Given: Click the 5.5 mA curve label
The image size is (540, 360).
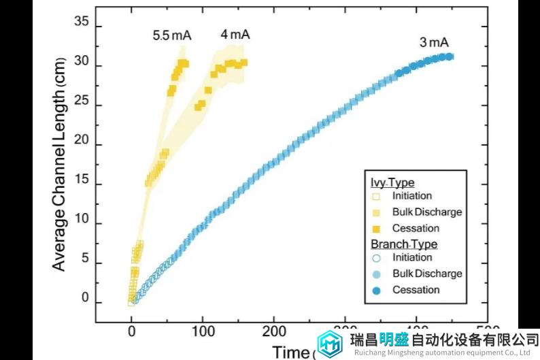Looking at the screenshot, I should pos(171,35).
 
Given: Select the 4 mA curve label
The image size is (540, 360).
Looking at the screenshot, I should pos(235,34).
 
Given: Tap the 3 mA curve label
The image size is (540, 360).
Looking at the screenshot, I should pos(434,42).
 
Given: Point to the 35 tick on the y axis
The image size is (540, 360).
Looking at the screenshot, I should pos(82,22).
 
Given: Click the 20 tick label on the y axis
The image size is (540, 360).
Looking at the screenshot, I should pos(82,145).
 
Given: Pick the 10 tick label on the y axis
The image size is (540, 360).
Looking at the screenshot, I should pos(82,223).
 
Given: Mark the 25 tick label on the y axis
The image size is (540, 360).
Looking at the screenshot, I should pos(82,105).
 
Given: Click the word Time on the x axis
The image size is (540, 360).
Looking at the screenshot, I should pos(290,352).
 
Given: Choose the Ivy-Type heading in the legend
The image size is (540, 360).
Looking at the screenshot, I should pos(392,182).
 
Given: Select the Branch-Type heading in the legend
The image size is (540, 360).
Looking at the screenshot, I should pos(404,244).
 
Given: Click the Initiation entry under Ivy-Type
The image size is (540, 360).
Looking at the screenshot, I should pos(411,197).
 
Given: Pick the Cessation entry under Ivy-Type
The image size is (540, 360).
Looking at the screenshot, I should pos(416,228).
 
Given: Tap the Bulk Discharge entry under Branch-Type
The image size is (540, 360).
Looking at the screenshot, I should pos(426,274).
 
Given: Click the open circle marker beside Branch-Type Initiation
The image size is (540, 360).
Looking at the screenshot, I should pos(376,258).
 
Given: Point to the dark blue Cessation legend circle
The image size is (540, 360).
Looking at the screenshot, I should pos(376,290).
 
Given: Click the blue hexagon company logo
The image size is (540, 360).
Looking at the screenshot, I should pos(331,344).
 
